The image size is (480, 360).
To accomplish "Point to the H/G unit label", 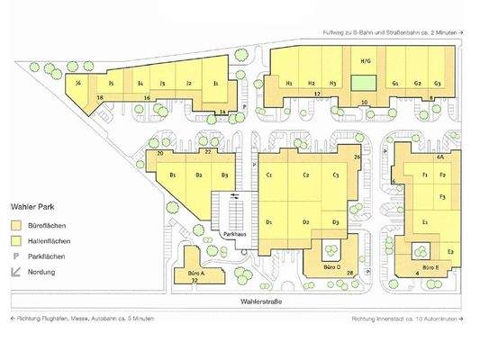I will coord(366,61).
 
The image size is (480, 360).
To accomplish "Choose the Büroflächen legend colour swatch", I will coord(14,224).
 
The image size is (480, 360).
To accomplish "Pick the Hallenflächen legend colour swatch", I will coord(14,240).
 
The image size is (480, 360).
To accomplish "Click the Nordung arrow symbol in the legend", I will coord(14,271).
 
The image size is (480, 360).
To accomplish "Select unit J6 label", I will coord(79,83).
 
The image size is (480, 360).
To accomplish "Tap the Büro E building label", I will coord(430,267).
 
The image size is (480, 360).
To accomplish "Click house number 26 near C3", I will coord(357,157).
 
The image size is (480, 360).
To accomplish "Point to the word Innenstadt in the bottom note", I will coord(397,319).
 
